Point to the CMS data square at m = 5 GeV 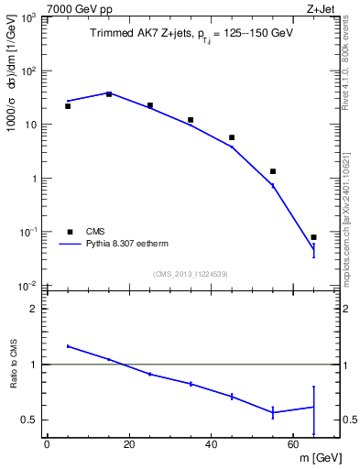click(x=68, y=106)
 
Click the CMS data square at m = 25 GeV click(x=149, y=105)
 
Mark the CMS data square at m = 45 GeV click(x=232, y=137)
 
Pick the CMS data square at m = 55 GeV click(x=273, y=171)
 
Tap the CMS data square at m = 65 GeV click(x=313, y=237)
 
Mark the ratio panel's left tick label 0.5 click(x=31, y=420)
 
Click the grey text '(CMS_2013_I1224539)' click(x=190, y=273)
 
